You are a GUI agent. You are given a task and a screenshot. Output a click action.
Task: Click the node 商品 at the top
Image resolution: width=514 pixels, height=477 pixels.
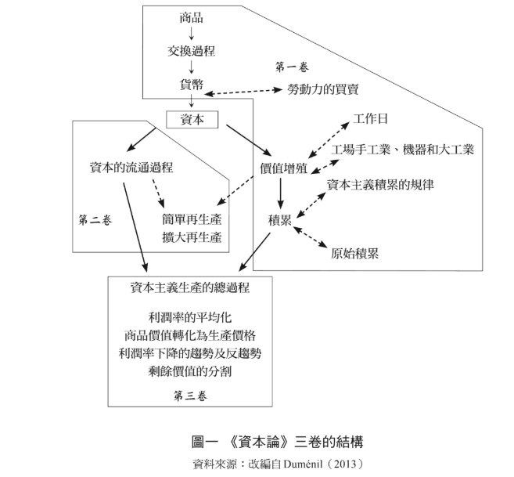point(191,17)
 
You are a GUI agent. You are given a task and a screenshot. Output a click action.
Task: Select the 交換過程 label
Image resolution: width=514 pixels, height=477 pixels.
point(191,51)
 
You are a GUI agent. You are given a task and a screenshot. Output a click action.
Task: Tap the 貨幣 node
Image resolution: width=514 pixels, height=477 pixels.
point(191,85)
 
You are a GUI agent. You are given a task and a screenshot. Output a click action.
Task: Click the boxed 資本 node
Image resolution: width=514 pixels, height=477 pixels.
point(192,119)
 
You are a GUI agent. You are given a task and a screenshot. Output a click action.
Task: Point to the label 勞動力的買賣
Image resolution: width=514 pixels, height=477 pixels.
point(323,90)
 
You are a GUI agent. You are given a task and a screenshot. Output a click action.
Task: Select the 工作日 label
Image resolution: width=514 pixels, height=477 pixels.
point(370,119)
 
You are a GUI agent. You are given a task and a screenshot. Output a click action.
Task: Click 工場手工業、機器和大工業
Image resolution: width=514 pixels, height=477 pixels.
point(402,149)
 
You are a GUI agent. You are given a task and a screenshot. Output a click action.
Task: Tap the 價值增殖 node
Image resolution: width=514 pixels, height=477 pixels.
point(284,168)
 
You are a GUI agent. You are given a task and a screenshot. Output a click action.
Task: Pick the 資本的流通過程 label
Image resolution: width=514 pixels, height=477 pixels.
point(131,168)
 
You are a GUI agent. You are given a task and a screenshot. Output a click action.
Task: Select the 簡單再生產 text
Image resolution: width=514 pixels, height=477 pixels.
point(192,219)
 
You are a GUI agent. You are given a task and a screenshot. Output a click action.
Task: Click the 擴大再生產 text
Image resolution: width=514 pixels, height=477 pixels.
point(192,237)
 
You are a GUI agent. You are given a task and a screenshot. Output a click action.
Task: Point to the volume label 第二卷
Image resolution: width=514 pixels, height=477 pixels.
point(95,219)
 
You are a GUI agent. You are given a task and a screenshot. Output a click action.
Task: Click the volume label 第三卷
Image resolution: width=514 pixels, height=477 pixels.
point(190,396)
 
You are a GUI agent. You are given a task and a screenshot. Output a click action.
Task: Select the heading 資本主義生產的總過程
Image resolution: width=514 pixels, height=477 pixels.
point(190,287)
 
